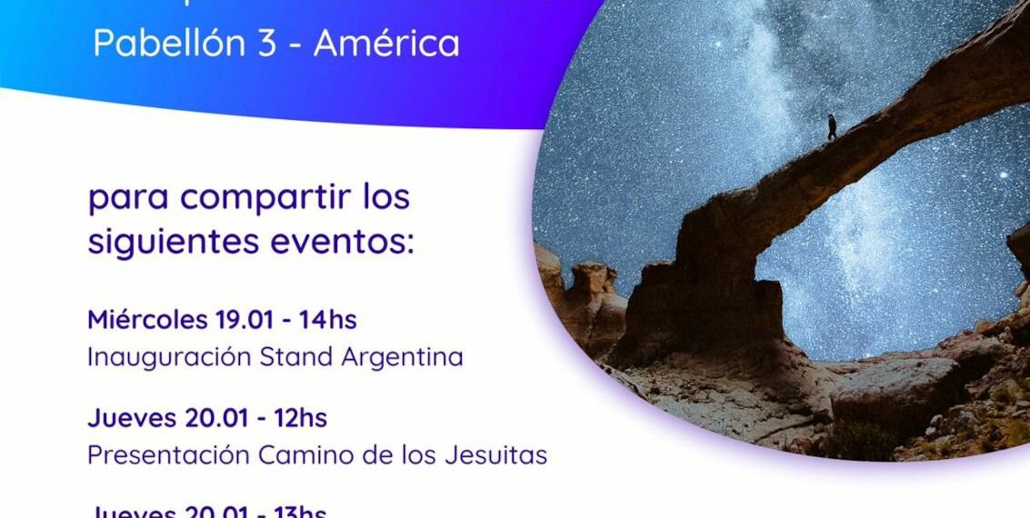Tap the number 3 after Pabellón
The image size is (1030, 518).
pos(266,44)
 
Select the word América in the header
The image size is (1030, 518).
pos(386,44)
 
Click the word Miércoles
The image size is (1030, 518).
pos(147,320)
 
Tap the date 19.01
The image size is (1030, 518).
pos(243,320)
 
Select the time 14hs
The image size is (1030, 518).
pos(326,320)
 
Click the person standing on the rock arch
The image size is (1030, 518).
pos(831,126)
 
